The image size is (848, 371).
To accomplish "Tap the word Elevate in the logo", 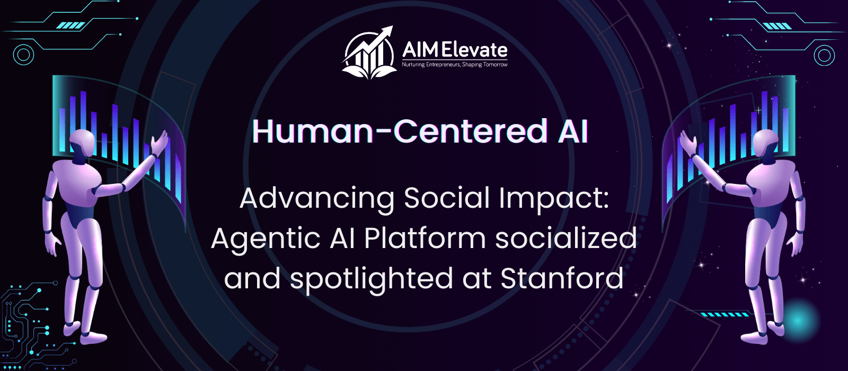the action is coord(475,50).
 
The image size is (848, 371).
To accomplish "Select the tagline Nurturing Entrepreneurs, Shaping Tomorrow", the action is coord(455,65).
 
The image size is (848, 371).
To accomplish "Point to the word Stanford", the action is coord(562,279).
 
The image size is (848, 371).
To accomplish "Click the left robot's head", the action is coord(82,143).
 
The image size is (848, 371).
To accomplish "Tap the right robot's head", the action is coord(765,143).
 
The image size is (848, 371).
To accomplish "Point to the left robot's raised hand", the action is coord(160,143).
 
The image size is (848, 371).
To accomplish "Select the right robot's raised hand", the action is coord(688,143).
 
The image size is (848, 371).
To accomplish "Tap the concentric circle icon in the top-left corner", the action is coord(23,55).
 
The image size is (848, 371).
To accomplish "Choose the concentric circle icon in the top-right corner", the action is coord(824,55).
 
